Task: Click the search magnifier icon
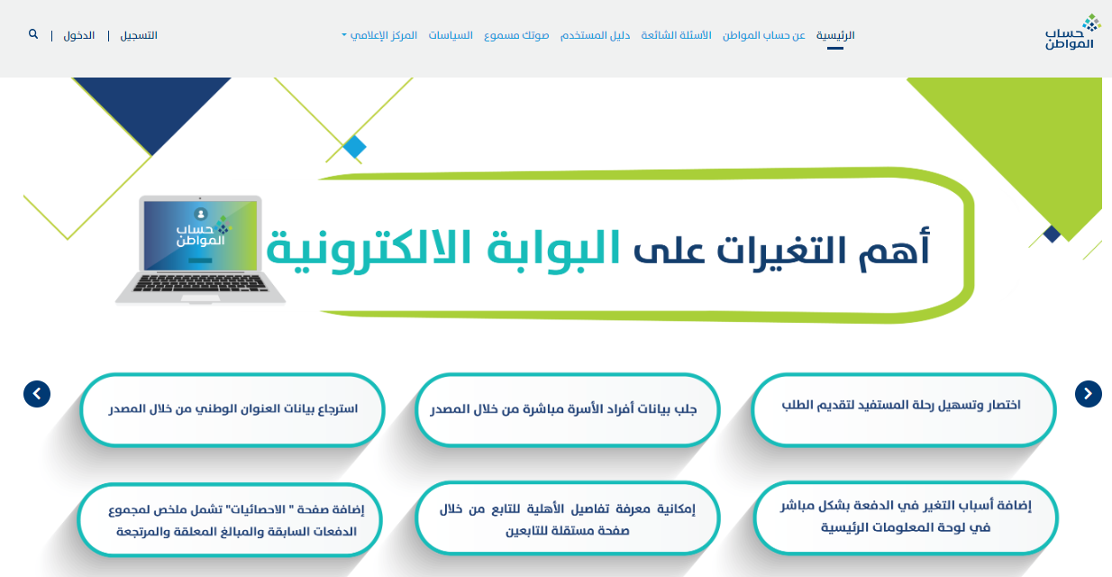tap(33, 34)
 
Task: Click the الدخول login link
tap(79, 35)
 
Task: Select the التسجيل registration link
tap(139, 35)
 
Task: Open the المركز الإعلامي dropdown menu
tap(379, 35)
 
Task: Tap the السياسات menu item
tap(451, 35)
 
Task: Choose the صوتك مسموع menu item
tap(516, 35)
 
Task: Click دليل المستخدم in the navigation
tap(596, 35)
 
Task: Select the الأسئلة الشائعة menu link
tap(676, 35)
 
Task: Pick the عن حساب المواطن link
tap(764, 35)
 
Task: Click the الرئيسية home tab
tap(835, 35)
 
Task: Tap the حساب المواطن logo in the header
tap(1072, 32)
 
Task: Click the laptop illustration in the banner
tap(200, 249)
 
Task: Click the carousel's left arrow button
tap(37, 394)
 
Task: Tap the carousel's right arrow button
tap(1089, 394)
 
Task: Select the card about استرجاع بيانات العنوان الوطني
tap(232, 410)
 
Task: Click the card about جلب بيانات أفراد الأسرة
tap(568, 410)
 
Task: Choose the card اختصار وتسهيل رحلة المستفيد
tap(904, 410)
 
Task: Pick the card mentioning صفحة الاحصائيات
tap(230, 519)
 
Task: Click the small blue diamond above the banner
tap(354, 147)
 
